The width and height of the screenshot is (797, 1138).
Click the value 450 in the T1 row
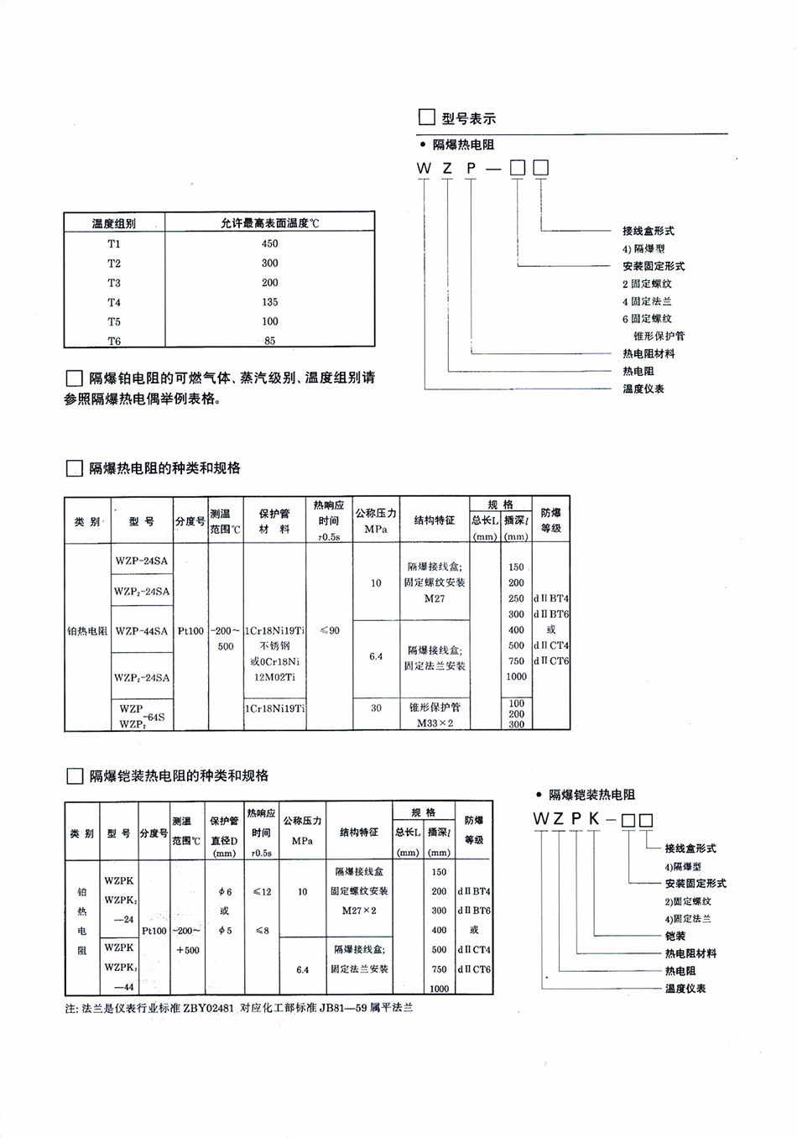269,243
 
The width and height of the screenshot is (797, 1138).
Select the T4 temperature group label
114,302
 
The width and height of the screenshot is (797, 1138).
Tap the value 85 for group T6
269,341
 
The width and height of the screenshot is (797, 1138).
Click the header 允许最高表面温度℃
269,223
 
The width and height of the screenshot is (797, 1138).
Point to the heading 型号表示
469,118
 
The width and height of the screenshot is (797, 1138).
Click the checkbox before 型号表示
426,117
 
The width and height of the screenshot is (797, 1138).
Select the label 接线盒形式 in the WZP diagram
648,231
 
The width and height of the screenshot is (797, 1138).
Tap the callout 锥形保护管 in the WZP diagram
659,336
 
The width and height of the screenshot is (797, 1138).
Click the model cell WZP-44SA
141,631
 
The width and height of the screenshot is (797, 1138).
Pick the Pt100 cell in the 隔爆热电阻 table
190,631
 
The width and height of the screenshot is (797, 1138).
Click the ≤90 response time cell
329,630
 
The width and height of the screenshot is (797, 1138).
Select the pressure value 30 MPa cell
376,707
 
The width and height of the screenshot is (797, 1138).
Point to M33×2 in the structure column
435,723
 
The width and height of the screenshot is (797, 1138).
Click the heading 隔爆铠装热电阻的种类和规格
179,775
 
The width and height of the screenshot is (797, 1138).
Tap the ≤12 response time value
262,891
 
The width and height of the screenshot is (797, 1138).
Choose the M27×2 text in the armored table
359,911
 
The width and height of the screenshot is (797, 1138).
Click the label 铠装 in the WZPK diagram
675,936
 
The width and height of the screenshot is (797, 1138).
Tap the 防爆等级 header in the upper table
550,520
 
